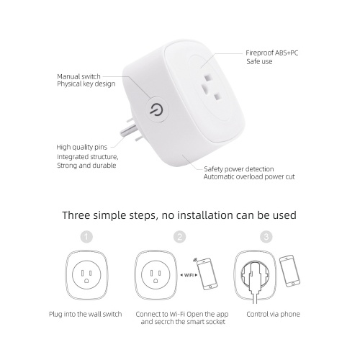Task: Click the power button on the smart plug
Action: pos(156,110)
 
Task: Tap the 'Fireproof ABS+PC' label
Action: pos(272,53)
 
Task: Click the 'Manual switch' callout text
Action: pos(78,76)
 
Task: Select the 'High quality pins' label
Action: pos(81,147)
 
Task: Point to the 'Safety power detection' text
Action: pos(239,169)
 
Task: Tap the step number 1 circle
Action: pos(86,237)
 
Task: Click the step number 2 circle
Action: pos(180,237)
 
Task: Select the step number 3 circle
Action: pos(266,237)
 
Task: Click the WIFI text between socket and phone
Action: pos(189,275)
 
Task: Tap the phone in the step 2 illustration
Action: pos(207,274)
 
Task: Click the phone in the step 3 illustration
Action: pos(290,271)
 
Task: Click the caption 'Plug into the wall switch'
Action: pos(86,314)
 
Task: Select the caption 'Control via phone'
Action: pos(273,314)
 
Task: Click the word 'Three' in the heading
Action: pos(76,215)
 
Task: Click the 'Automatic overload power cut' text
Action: pos(249,177)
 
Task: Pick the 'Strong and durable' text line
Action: pos(86,166)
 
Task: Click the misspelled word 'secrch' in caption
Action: pos(166,322)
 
